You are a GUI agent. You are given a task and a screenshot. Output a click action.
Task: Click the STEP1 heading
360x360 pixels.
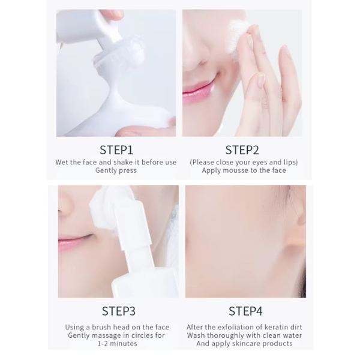tap(116, 150)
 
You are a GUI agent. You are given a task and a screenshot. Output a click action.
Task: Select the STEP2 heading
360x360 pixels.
tap(242, 150)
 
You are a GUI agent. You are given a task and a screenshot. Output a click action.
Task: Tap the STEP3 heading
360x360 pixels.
tap(118, 311)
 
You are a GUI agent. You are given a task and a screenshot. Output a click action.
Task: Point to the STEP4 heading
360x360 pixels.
tap(245, 311)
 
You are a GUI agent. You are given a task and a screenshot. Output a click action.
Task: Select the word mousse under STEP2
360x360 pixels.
tap(234, 170)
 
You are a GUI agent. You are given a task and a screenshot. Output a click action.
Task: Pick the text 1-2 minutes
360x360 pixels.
tap(118, 343)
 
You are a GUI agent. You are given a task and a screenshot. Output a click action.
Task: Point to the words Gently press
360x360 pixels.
tap(116, 170)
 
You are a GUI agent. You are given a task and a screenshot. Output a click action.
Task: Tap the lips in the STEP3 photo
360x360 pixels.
tap(74, 242)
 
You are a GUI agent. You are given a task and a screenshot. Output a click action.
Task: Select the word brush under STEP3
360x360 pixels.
tap(102, 327)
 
